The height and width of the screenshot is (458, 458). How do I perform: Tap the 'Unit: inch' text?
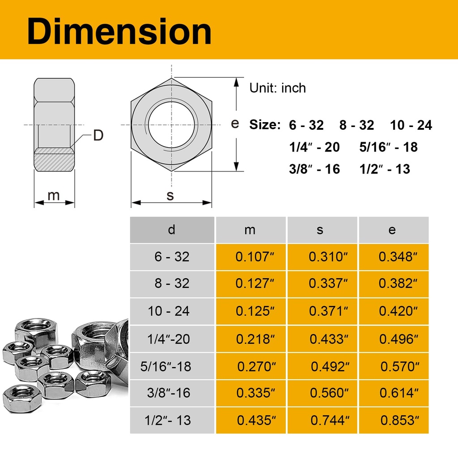277,88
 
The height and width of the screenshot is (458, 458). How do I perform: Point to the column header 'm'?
250,230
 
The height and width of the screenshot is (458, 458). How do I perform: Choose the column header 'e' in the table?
392,230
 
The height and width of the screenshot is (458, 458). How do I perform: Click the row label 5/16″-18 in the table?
165,367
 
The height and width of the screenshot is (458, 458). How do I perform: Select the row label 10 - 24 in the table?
169,311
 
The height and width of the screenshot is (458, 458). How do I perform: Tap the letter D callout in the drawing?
98,136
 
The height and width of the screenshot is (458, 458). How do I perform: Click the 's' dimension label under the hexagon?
170,195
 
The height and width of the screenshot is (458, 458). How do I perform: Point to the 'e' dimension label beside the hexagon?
235,123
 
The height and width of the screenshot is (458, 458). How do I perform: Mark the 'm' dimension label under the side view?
54,195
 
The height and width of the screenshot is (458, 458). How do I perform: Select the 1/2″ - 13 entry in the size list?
385,169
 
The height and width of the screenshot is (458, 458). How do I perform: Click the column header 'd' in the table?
172,230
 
